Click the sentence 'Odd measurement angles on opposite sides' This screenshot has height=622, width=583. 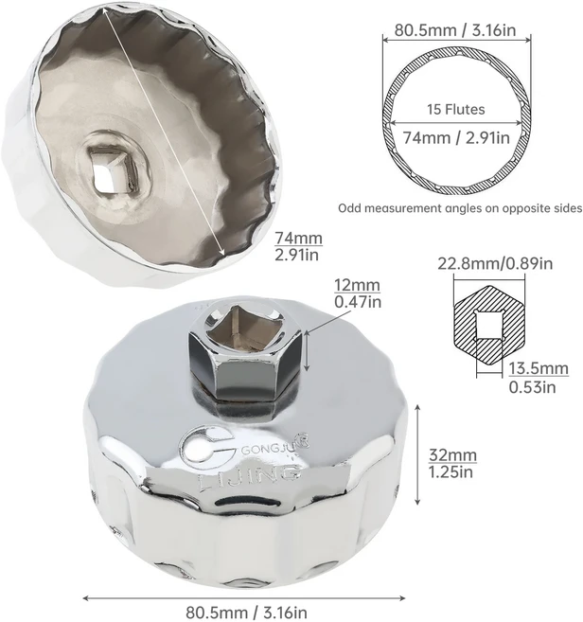click(x=459, y=208)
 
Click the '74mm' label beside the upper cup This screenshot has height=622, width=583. click(x=298, y=238)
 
